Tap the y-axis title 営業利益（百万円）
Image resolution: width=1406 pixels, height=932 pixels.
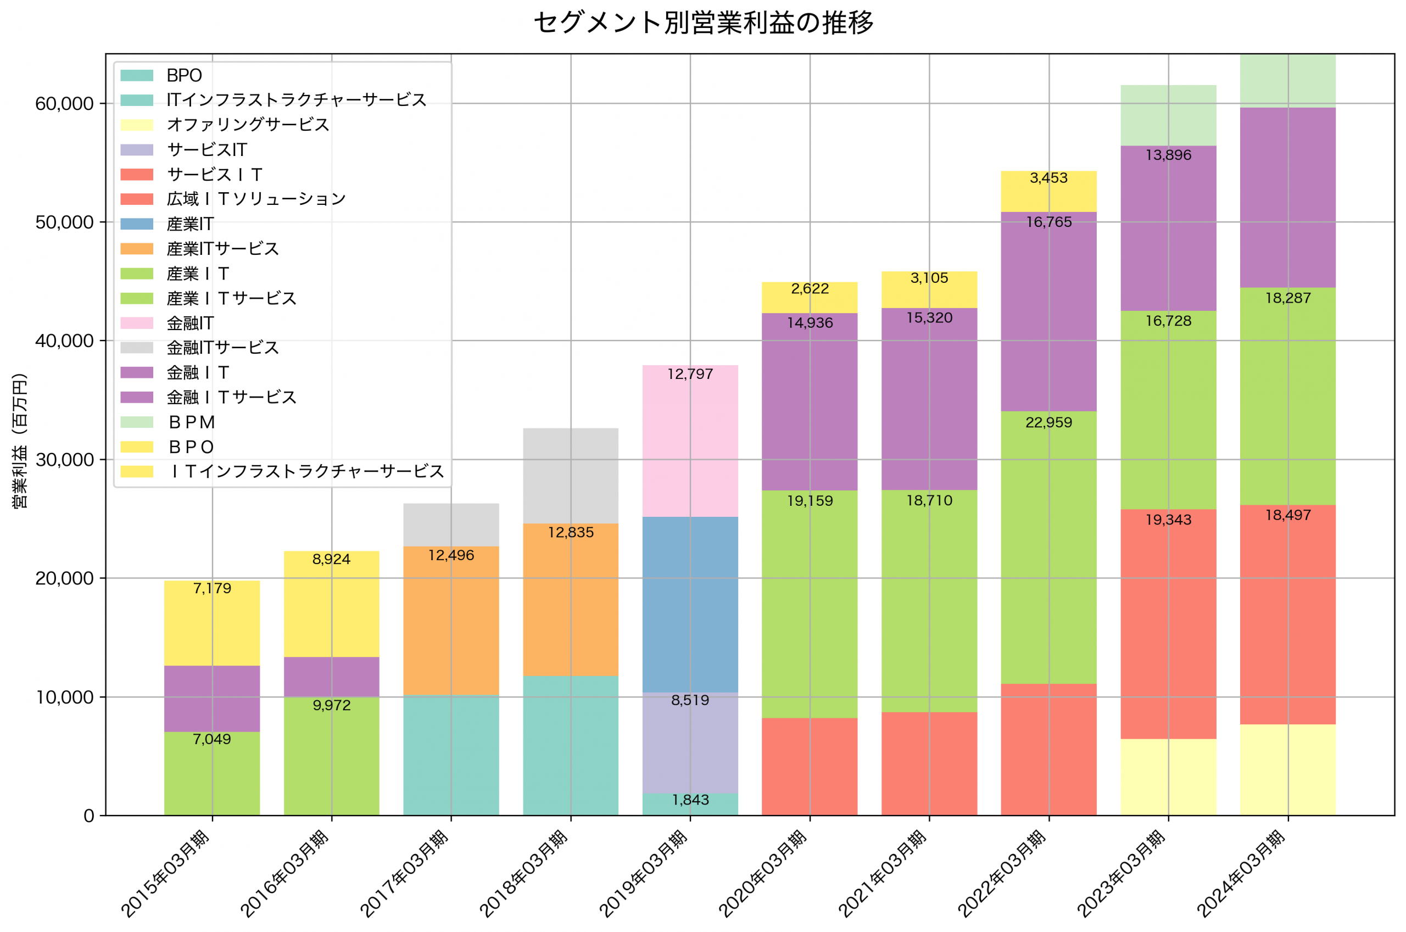20,440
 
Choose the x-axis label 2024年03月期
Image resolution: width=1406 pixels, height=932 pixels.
1241,873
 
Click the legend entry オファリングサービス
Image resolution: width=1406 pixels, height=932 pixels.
248,125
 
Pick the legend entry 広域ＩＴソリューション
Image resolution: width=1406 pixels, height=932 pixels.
256,199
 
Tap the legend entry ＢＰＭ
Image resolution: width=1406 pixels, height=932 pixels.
191,422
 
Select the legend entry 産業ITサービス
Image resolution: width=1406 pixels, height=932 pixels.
223,249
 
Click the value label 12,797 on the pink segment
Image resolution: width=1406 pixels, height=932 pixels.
690,375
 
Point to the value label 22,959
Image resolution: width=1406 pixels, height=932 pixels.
1049,422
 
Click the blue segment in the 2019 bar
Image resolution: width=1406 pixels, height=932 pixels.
690,605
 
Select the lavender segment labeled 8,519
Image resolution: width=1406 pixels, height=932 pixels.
690,743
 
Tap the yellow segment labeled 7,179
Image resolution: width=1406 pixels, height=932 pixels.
212,624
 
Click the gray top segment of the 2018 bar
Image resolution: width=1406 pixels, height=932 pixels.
571,476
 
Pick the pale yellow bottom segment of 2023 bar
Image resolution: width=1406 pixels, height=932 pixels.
1168,777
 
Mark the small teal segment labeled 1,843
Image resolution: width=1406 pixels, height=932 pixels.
690,804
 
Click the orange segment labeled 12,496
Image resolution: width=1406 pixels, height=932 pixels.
451,621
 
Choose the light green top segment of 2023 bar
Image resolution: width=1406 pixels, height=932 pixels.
1168,115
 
